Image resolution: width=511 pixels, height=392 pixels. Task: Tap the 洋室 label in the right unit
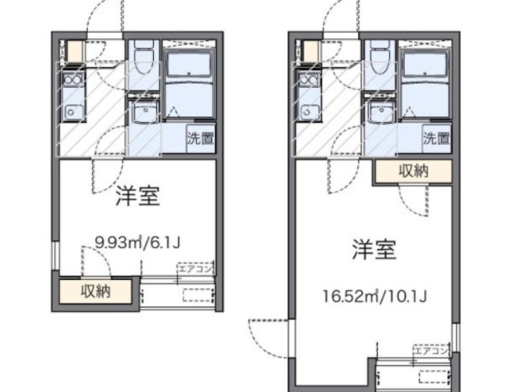(373, 248)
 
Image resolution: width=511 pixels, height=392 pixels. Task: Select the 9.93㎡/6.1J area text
(138, 243)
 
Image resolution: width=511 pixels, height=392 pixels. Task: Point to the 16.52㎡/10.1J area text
(375, 295)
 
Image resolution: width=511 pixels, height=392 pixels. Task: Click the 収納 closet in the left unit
(96, 292)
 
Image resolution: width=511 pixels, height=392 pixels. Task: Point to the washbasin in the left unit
(143, 113)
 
